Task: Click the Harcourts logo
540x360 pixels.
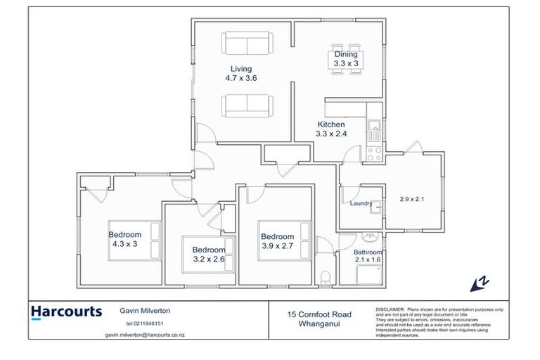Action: click(66, 311)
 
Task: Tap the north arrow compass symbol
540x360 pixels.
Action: click(480, 283)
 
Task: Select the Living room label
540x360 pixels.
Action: click(240, 69)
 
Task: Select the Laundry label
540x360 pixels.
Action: click(361, 204)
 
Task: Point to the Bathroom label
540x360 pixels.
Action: click(367, 252)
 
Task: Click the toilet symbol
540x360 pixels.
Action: click(324, 276)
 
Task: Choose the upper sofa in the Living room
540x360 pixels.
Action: click(246, 44)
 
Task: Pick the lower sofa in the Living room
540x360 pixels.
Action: click(246, 106)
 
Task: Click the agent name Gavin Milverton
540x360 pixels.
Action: click(145, 310)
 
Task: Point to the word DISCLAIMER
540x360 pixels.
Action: click(390, 309)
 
